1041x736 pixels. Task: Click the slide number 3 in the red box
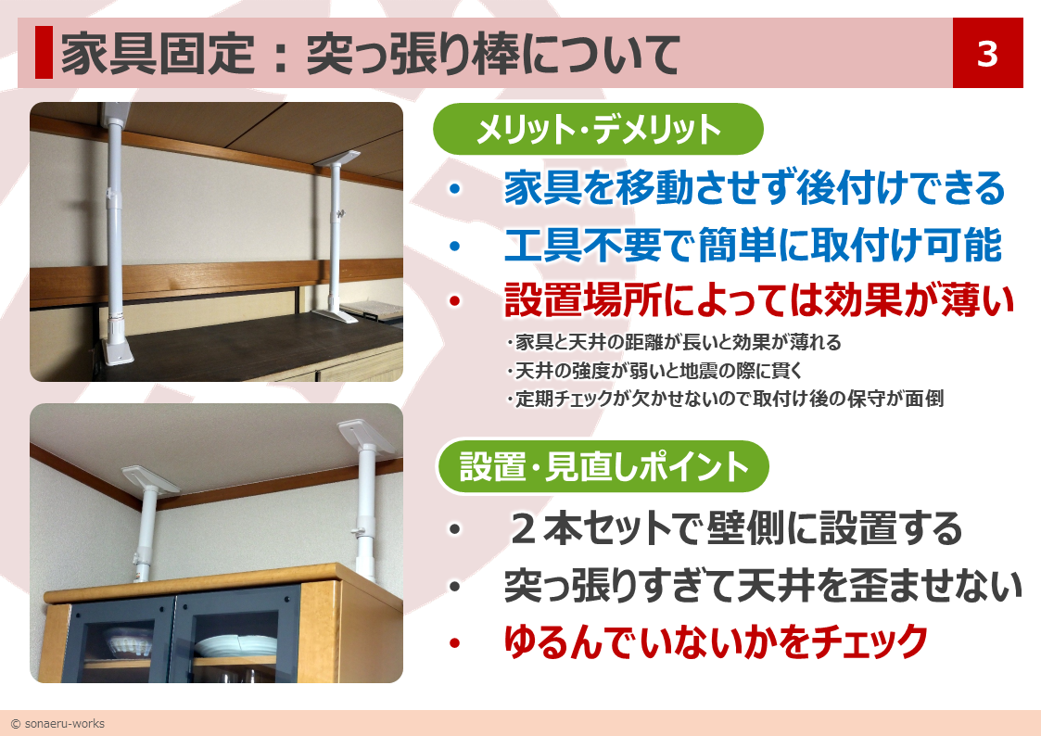tap(987, 54)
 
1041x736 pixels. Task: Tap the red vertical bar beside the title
tap(44, 53)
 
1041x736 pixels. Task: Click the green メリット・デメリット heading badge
tap(598, 129)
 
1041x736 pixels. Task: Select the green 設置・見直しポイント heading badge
tap(603, 466)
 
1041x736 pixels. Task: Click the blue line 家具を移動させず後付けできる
tap(755, 188)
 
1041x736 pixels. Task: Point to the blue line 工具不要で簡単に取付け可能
tap(753, 245)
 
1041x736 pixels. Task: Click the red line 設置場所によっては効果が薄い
tap(759, 300)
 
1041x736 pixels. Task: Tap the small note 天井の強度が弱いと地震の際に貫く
tap(654, 371)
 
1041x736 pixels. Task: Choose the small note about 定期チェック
tap(724, 399)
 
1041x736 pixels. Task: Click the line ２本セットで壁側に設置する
tap(735, 529)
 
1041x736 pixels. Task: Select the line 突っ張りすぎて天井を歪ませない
tap(763, 585)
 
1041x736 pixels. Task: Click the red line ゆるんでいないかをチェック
tap(716, 641)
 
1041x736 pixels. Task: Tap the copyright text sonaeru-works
tap(57, 723)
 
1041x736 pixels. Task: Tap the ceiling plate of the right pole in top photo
tap(338, 159)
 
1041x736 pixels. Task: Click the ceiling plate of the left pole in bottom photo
tap(150, 478)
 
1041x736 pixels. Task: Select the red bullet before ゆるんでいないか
tap(455, 642)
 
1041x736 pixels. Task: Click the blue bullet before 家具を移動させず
tap(455, 188)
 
